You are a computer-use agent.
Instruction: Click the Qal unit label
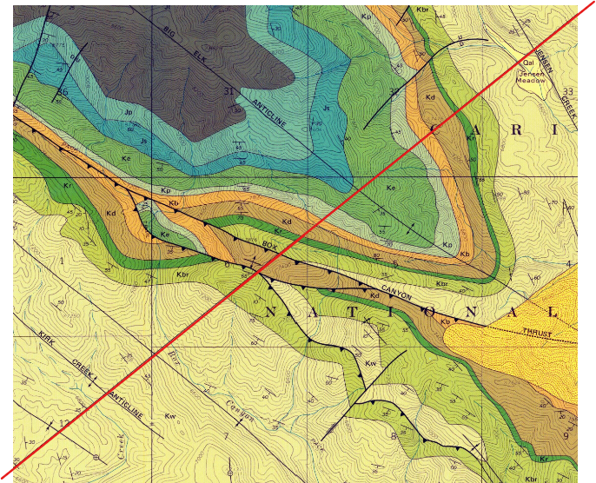pos(526,63)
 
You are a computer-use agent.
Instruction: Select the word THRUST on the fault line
pos(538,332)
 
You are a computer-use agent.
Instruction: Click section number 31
pos(229,91)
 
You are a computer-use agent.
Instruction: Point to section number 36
pos(63,91)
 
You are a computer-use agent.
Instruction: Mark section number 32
pos(394,91)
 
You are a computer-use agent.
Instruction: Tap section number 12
pos(64,423)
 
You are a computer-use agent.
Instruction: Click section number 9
pos(566,435)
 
